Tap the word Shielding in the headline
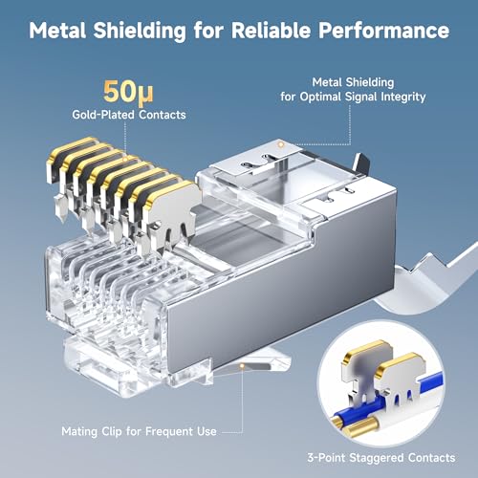point(141,31)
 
